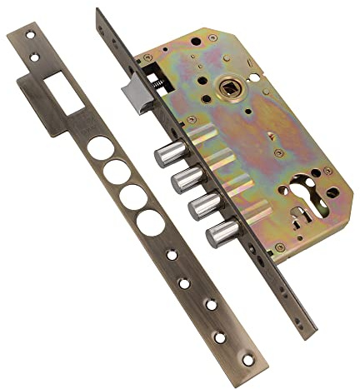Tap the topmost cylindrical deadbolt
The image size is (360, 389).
169,153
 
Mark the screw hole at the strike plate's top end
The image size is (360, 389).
33,37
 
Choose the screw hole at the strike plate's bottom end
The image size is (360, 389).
247,360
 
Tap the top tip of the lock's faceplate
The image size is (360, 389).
100,12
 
